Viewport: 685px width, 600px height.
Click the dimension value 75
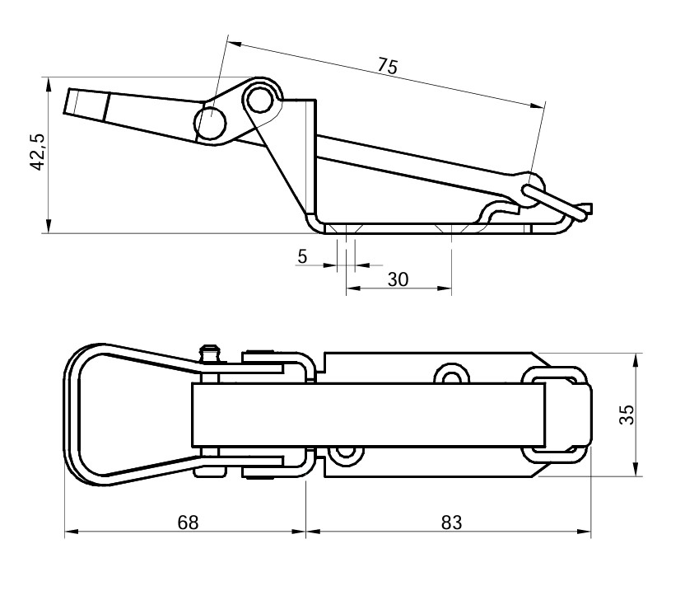point(387,67)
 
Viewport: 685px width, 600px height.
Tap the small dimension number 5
point(302,257)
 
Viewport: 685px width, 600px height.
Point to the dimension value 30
point(398,279)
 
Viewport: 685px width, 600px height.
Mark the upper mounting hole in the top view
point(450,376)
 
